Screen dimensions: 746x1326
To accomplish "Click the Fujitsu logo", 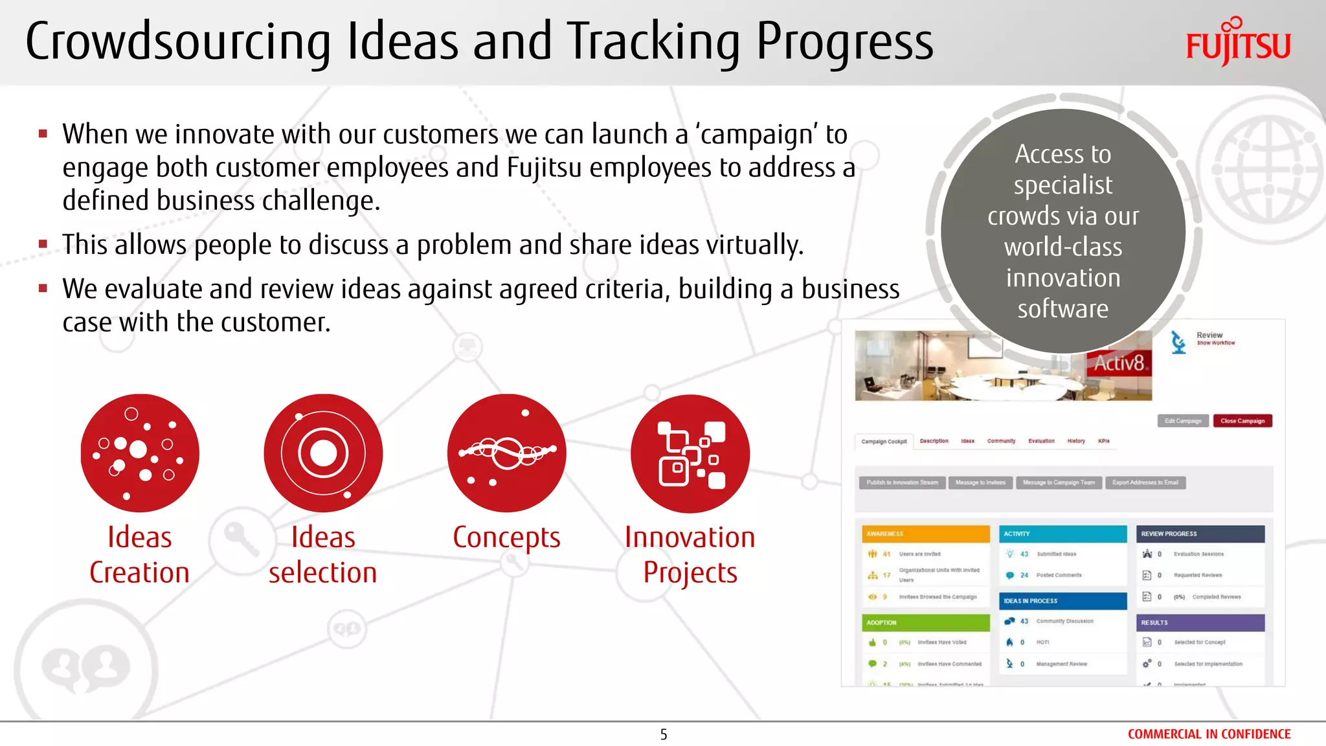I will (1237, 42).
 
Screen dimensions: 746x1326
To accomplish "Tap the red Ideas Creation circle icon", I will (140, 453).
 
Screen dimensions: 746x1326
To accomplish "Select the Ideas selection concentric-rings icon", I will (323, 453).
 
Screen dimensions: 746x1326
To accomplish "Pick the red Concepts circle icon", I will (506, 453).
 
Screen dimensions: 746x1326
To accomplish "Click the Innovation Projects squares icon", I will (690, 453).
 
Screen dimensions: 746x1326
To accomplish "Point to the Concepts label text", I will (506, 537).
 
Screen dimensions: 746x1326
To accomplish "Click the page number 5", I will (664, 734).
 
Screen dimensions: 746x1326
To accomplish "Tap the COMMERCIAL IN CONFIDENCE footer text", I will (1209, 734).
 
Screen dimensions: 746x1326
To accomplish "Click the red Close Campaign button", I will (1242, 421).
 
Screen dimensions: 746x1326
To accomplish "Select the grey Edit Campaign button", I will (1183, 421).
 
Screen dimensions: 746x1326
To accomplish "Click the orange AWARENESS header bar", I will (926, 534).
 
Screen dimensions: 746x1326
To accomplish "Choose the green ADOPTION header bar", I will (926, 622).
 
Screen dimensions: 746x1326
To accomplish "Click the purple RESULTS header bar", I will (1200, 622).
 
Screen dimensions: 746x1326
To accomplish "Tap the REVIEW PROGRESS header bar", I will (1200, 534).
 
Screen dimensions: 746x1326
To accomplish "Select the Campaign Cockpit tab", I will (884, 442).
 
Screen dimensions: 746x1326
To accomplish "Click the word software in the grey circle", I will (1062, 309).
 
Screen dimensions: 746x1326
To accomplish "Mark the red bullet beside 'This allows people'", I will (43, 245).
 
